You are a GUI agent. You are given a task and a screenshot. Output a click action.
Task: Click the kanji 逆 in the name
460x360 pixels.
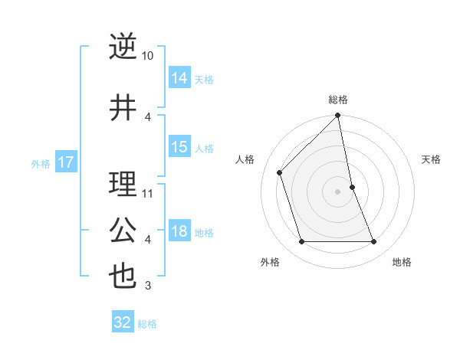pyautogui.click(x=123, y=47)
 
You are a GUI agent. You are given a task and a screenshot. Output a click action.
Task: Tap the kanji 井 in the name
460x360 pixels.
pyautogui.click(x=123, y=108)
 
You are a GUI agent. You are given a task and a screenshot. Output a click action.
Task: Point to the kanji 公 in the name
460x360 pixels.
pyautogui.click(x=123, y=231)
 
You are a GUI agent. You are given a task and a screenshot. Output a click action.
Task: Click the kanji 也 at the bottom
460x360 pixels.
pyautogui.click(x=123, y=277)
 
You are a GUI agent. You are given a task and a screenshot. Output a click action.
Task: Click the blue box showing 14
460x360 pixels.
pyautogui.click(x=179, y=77)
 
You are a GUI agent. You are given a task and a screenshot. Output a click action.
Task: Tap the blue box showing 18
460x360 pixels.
pyautogui.click(x=179, y=231)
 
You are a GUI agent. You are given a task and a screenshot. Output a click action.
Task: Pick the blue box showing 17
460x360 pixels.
pyautogui.click(x=66, y=162)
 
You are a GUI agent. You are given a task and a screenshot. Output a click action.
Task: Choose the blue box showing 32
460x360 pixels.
pyautogui.click(x=123, y=322)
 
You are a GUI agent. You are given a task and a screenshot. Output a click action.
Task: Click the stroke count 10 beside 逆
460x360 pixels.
pyautogui.click(x=148, y=56)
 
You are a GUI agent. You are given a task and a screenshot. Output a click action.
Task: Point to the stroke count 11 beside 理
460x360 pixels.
pyautogui.click(x=148, y=193)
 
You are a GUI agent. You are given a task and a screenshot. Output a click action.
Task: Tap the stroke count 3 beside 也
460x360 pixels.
pyautogui.click(x=148, y=286)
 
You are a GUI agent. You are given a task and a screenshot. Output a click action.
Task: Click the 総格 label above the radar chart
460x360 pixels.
pyautogui.click(x=338, y=100)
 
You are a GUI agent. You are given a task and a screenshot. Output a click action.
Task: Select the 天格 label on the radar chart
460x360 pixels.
pyautogui.click(x=432, y=159)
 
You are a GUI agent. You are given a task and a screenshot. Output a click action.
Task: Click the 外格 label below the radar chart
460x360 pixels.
pyautogui.click(x=270, y=262)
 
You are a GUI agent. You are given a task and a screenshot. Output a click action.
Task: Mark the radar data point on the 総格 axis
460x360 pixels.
pyautogui.click(x=338, y=116)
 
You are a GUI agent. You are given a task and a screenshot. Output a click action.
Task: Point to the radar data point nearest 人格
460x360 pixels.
pyautogui.click(x=280, y=172)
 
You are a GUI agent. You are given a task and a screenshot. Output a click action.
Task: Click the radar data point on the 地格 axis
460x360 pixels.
pyautogui.click(x=374, y=242)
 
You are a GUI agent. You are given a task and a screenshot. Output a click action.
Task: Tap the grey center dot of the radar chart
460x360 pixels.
pyautogui.click(x=338, y=191)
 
